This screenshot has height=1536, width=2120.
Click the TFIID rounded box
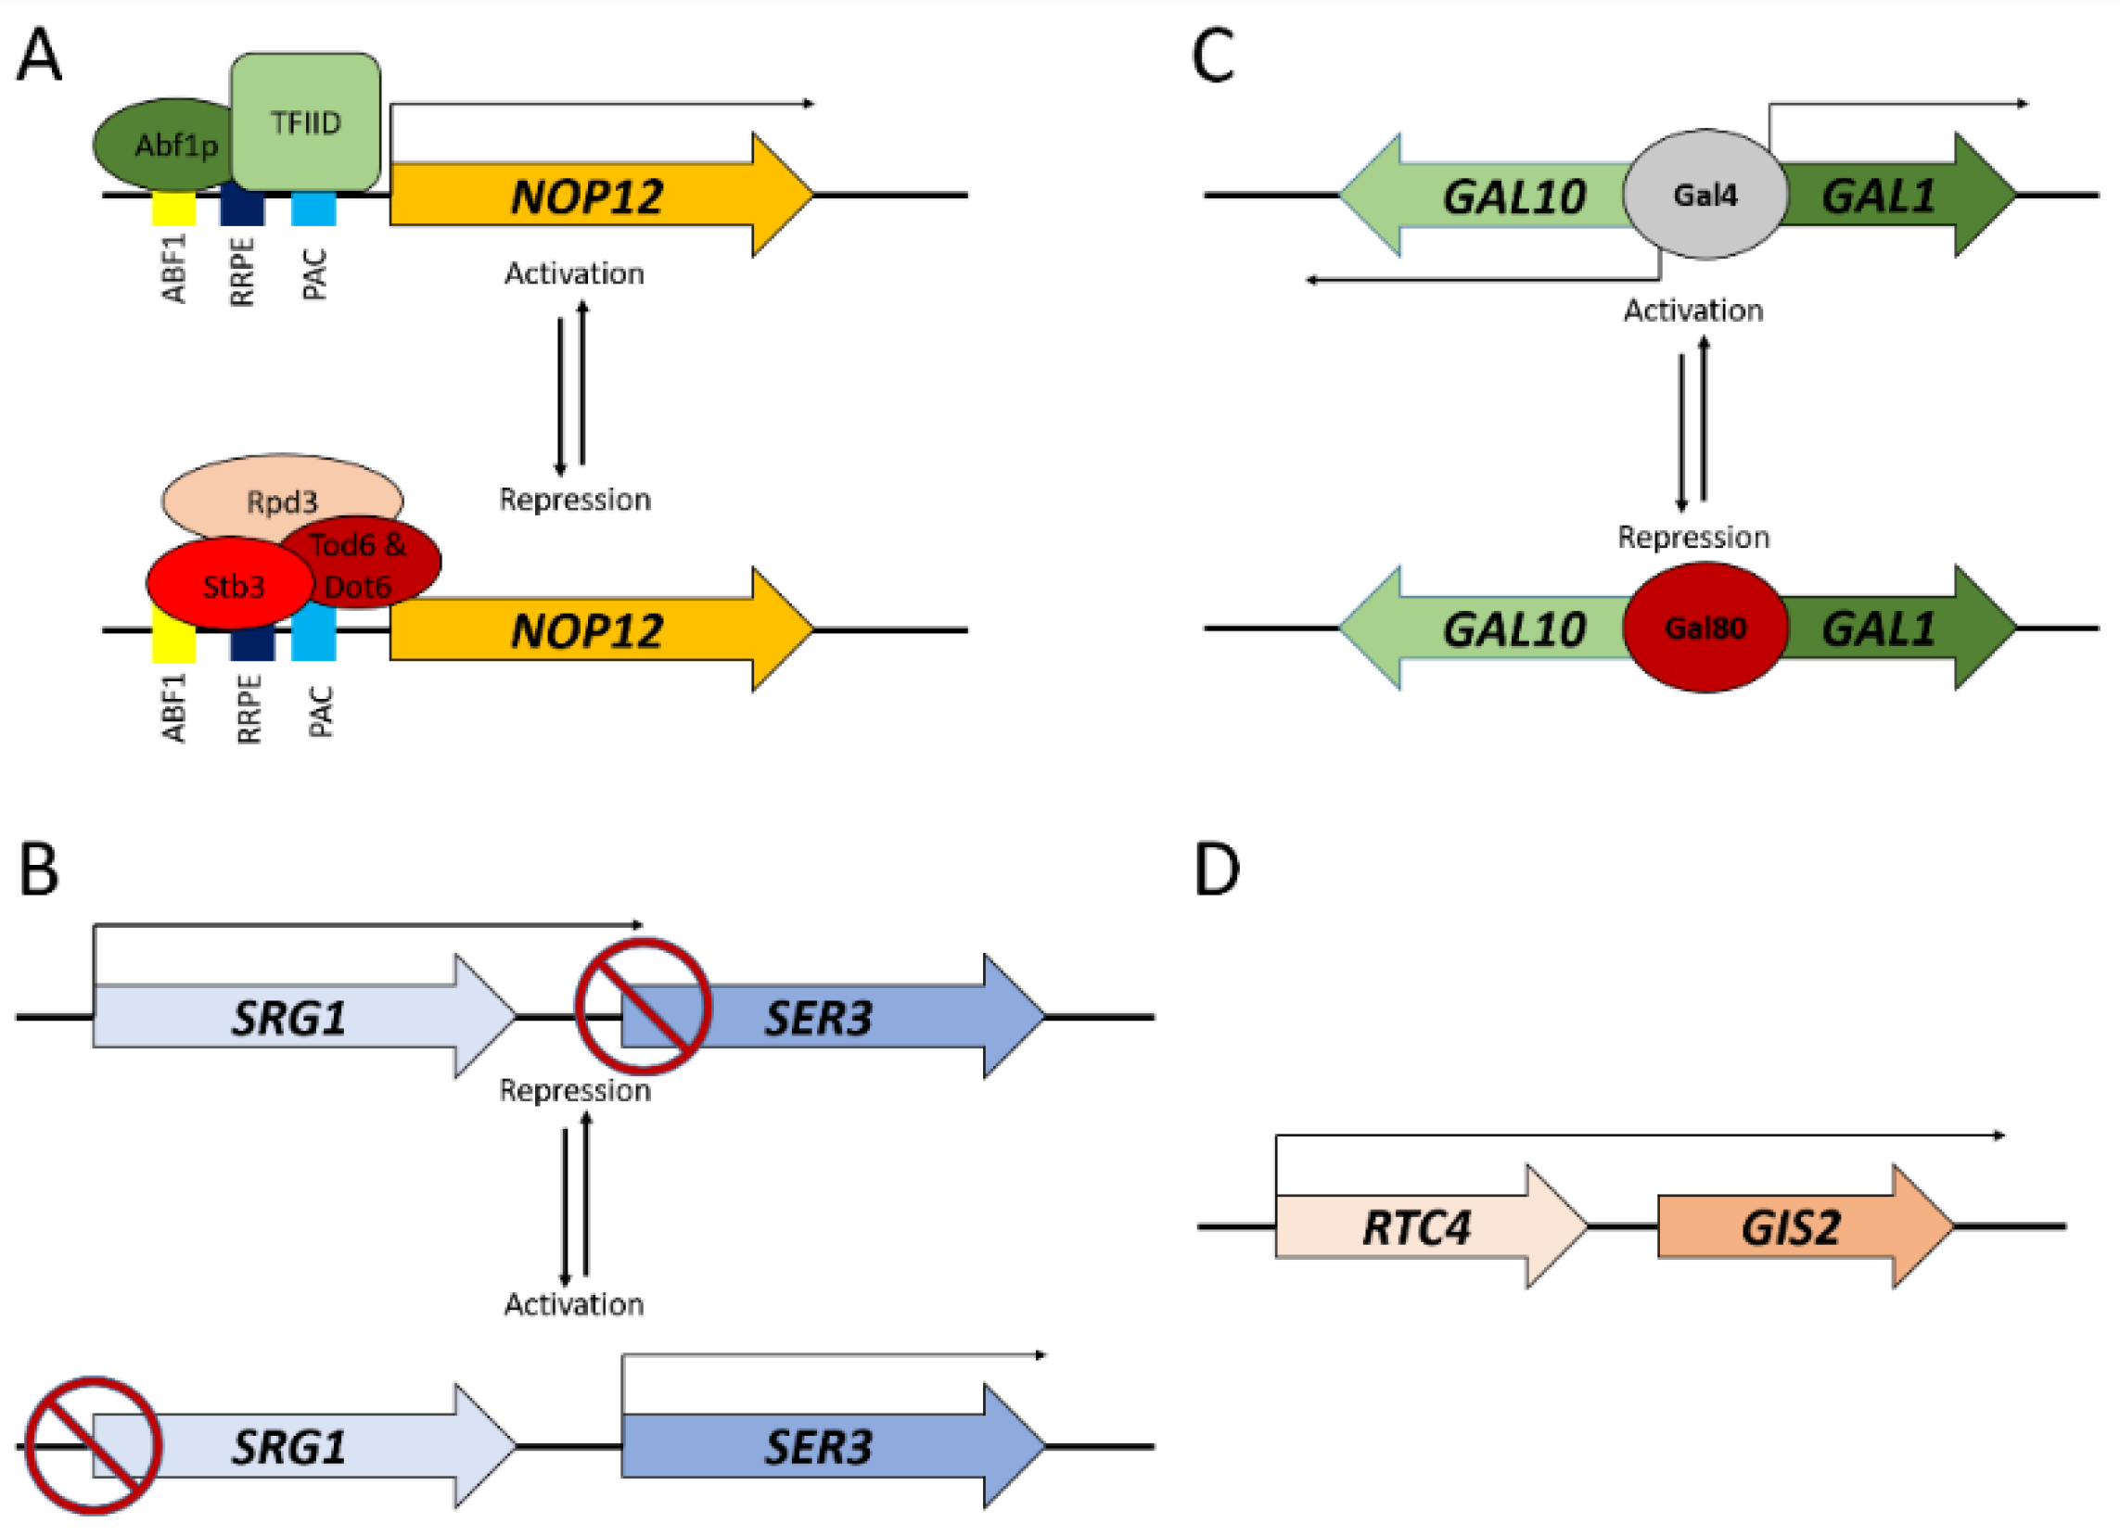[306, 122]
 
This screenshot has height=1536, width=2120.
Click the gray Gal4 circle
[1705, 195]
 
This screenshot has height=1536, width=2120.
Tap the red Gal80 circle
[1705, 628]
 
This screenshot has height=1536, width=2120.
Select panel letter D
[1216, 870]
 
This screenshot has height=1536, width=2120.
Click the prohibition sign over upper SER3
[643, 1007]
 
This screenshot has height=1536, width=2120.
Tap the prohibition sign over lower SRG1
[93, 1445]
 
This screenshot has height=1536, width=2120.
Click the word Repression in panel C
[1692, 538]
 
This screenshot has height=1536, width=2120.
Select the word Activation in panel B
[574, 1304]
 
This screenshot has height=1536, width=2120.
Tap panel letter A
[39, 55]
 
